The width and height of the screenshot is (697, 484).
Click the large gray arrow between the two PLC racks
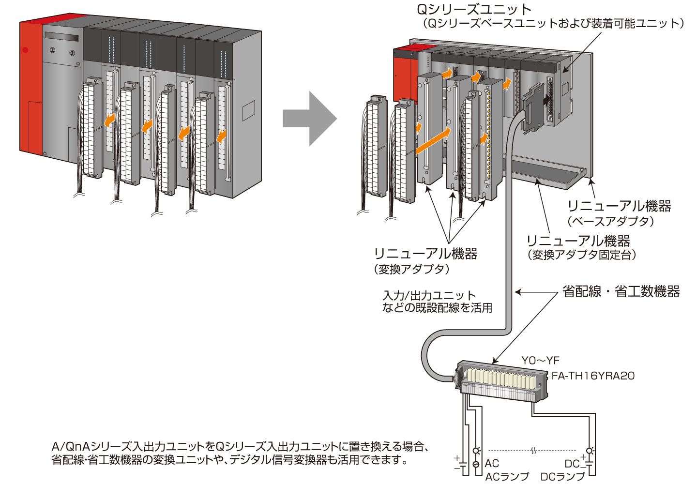click(x=309, y=119)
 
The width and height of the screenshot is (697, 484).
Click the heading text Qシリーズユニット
click(x=474, y=9)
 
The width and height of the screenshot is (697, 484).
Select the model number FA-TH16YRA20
click(x=593, y=376)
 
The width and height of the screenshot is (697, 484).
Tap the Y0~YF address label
click(x=540, y=361)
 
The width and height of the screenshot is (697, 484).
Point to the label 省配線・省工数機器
click(x=621, y=291)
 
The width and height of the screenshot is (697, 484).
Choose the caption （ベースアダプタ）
click(x=611, y=222)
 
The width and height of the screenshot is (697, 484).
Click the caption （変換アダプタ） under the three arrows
click(x=411, y=270)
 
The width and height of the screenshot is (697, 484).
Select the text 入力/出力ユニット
click(x=429, y=295)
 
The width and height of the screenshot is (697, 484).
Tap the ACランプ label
click(x=507, y=477)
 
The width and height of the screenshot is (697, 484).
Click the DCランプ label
click(x=562, y=477)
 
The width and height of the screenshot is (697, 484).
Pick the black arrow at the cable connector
click(x=547, y=100)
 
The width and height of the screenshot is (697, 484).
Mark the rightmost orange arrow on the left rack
click(x=222, y=136)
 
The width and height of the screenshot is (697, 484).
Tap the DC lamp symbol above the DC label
click(x=590, y=451)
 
